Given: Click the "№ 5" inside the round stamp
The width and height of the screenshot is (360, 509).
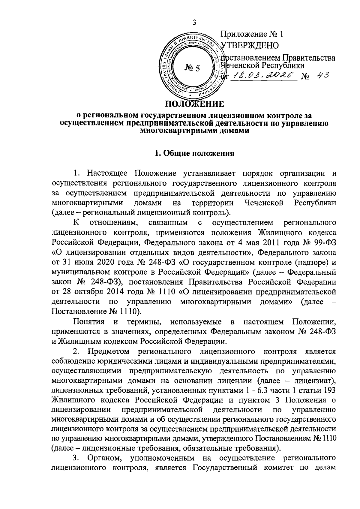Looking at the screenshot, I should click(192, 68).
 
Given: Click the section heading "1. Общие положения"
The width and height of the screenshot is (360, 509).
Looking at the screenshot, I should click(194, 154).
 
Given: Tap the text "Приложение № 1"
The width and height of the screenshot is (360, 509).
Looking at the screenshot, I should click(252, 34).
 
